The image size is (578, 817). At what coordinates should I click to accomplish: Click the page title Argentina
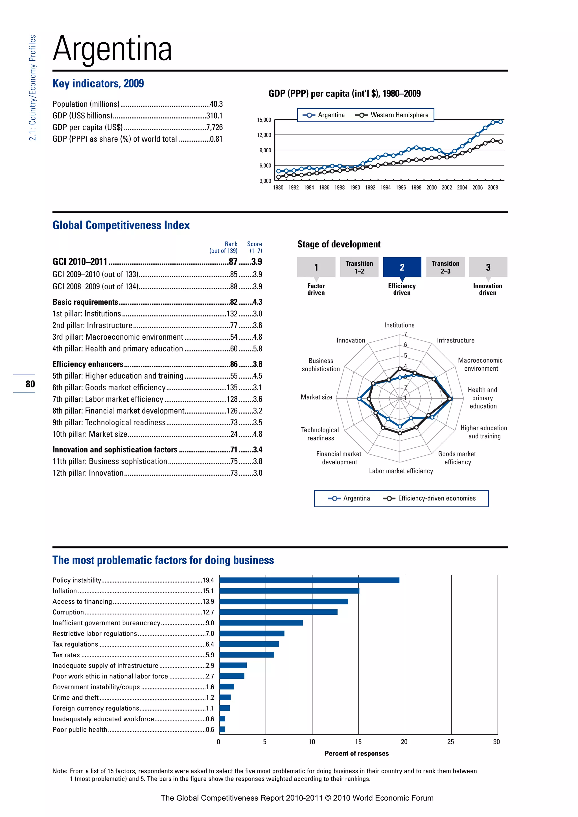pyautogui.click(x=113, y=49)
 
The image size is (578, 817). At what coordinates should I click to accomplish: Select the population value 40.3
pyautogui.click(x=216, y=104)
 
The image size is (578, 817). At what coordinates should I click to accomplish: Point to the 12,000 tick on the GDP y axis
pyautogui.click(x=264, y=135)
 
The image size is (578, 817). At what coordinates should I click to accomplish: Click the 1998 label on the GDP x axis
pyautogui.click(x=416, y=188)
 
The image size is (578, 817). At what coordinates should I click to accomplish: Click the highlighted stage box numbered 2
pyautogui.click(x=402, y=267)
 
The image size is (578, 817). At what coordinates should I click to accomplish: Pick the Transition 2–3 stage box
pyautogui.click(x=445, y=267)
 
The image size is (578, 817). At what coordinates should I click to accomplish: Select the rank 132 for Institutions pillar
pyautogui.click(x=232, y=313)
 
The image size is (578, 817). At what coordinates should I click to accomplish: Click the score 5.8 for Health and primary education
pyautogui.click(x=257, y=348)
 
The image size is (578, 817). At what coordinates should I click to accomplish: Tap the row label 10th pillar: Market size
pyautogui.click(x=90, y=434)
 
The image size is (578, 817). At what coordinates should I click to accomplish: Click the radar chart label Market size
pyautogui.click(x=316, y=397)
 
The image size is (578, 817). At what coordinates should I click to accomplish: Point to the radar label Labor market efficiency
pyautogui.click(x=401, y=471)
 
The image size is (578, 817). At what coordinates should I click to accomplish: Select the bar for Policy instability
pyautogui.click(x=309, y=580)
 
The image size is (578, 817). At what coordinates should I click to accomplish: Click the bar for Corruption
pyautogui.click(x=278, y=612)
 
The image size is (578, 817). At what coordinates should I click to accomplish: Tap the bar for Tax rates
pyautogui.click(x=247, y=655)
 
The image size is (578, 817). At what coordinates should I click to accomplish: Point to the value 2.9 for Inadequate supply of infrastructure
pyautogui.click(x=210, y=666)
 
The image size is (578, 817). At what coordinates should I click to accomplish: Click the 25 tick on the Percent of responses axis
pyautogui.click(x=451, y=742)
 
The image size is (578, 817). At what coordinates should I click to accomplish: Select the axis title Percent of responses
pyautogui.click(x=357, y=753)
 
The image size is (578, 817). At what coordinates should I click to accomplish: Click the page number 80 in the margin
pyautogui.click(x=30, y=384)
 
